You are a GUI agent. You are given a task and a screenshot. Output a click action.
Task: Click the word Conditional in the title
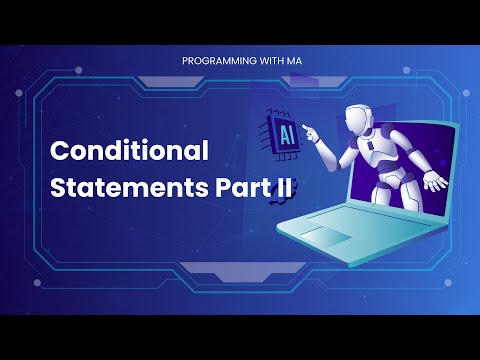pos(129,151)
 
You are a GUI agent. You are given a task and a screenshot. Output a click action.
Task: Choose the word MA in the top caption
pos(292,61)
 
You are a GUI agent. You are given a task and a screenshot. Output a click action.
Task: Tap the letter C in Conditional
pos(60,152)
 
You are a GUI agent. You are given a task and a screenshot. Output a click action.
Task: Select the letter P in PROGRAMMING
pos(185,61)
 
